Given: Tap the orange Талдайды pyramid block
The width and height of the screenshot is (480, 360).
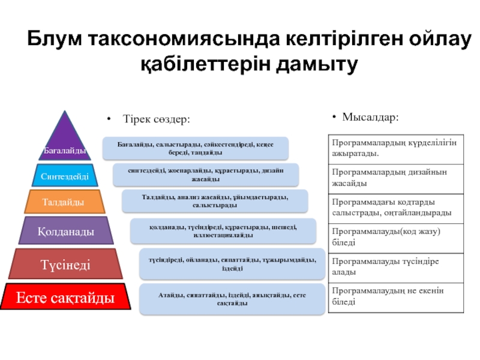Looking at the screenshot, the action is tap(64, 202).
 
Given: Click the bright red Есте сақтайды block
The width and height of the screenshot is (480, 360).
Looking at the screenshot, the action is tap(65, 297).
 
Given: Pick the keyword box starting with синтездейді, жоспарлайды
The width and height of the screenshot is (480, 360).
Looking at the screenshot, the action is tap(206, 175).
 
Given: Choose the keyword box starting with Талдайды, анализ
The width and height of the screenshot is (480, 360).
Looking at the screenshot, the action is tap(215, 201).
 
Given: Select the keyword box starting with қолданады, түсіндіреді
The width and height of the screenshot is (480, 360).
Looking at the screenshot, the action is tap(223, 231).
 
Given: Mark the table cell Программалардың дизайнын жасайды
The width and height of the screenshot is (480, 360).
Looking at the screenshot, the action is tap(396, 178).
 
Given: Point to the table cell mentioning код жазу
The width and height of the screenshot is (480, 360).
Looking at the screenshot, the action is tap(396, 238).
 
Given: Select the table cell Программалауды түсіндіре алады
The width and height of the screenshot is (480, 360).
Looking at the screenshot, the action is tap(396, 267).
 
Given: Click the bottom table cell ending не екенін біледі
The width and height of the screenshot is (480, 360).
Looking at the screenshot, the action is tap(396, 297).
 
